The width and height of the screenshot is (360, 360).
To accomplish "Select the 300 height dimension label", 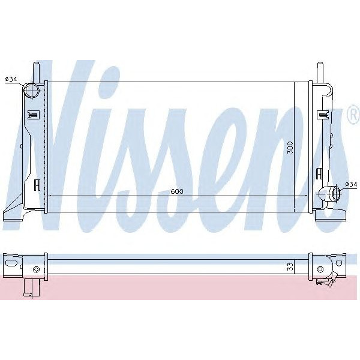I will coord(290,148).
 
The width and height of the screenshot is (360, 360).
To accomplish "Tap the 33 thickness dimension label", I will coord(290,266).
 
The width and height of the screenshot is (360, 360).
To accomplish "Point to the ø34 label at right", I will coord(350,185).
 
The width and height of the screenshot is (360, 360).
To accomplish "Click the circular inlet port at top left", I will coord(32,91).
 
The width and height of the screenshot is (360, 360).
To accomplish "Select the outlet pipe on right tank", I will coord(329,194).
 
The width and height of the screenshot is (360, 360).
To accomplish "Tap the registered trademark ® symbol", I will coord(353,115).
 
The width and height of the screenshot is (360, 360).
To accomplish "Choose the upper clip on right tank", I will coord(323,114).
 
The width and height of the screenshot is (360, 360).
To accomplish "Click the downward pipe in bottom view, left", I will coord(28,288).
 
